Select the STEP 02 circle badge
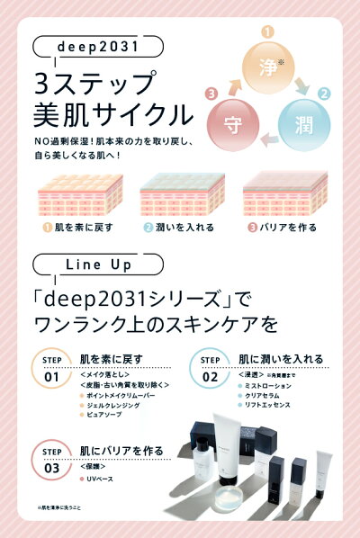(x=209, y=371)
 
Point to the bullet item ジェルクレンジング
(x=113, y=406)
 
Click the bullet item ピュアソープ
(x=103, y=417)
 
